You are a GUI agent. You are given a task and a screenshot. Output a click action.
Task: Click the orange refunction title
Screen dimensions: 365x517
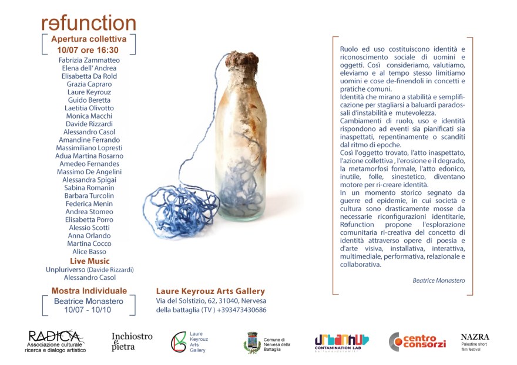click(89, 23)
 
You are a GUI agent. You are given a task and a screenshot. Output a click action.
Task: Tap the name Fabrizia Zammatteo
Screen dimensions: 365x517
click(89, 60)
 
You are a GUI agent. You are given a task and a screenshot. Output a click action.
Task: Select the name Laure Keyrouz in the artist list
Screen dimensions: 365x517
click(89, 92)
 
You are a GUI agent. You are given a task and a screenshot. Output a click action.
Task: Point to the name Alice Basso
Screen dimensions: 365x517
click(89, 252)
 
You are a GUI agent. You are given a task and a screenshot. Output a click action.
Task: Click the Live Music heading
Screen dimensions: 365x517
click(89, 261)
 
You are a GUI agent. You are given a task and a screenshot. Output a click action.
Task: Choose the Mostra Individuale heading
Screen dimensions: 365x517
click(89, 290)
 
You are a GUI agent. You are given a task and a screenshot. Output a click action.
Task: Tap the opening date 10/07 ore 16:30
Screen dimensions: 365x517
click(89, 50)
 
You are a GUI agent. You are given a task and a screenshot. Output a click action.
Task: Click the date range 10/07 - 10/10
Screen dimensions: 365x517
click(88, 310)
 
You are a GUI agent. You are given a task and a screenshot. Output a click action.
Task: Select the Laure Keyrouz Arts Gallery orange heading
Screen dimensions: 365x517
click(210, 291)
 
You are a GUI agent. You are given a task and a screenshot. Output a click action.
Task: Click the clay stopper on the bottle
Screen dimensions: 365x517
click(241, 59)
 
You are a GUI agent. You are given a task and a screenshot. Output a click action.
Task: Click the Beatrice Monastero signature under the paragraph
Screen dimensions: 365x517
click(438, 280)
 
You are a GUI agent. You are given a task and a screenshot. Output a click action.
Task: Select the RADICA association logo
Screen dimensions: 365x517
click(55, 341)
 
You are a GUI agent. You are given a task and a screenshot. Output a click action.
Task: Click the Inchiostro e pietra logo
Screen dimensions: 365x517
click(132, 341)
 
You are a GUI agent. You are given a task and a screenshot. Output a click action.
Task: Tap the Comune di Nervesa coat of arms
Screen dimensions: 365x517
click(252, 342)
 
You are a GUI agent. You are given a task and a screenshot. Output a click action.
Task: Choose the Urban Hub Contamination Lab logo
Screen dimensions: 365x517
click(341, 342)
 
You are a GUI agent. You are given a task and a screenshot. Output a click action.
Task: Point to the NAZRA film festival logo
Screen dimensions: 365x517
click(475, 341)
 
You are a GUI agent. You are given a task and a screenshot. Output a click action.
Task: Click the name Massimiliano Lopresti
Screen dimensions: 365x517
click(89, 148)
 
